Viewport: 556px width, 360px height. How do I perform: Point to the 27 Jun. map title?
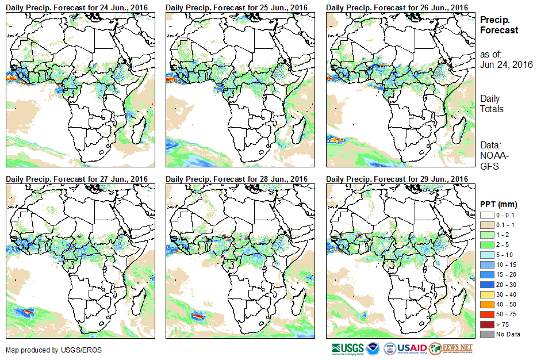point(77,179)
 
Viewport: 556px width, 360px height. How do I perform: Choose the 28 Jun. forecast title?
point(237,179)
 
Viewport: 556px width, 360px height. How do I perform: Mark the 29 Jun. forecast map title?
point(397,179)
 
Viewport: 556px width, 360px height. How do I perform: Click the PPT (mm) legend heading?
point(499,204)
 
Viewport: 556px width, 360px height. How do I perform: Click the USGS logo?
point(347,348)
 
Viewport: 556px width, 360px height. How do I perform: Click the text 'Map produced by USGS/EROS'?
point(46,350)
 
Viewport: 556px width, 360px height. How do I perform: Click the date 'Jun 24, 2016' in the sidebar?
point(506,64)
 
